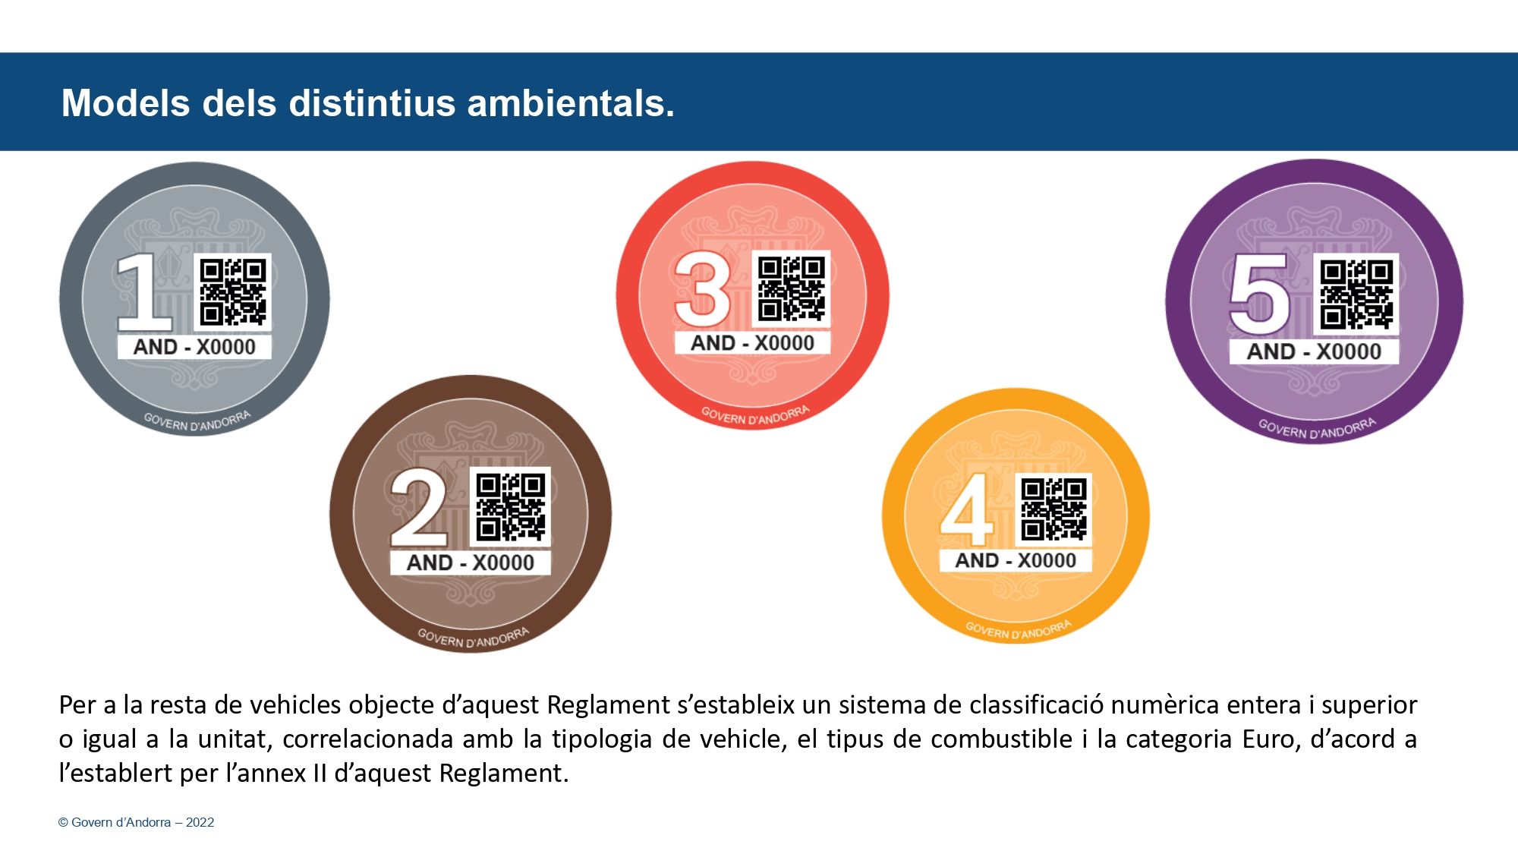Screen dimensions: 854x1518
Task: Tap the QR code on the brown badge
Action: pyautogui.click(x=511, y=507)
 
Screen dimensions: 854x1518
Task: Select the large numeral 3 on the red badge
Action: pyautogui.click(x=703, y=289)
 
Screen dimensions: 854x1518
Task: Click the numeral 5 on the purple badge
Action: pyautogui.click(x=1260, y=295)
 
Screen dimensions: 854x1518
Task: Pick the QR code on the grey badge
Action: pyautogui.click(x=233, y=292)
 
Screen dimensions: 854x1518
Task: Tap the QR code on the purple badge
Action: pyautogui.click(x=1356, y=295)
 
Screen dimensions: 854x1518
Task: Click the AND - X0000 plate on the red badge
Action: pyautogui.click(x=752, y=343)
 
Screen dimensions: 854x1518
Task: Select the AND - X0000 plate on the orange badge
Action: pyautogui.click(x=1016, y=560)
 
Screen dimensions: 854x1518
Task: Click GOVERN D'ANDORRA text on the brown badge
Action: pyautogui.click(x=473, y=638)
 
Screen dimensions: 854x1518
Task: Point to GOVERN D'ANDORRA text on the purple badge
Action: pyautogui.click(x=1317, y=429)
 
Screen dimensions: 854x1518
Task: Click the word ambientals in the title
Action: pyautogui.click(x=570, y=103)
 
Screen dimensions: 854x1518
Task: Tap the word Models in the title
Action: pyautogui.click(x=125, y=103)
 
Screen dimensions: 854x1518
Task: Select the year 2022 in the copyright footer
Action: pyautogui.click(x=200, y=822)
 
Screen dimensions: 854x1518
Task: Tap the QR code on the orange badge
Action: pyautogui.click(x=1053, y=509)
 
